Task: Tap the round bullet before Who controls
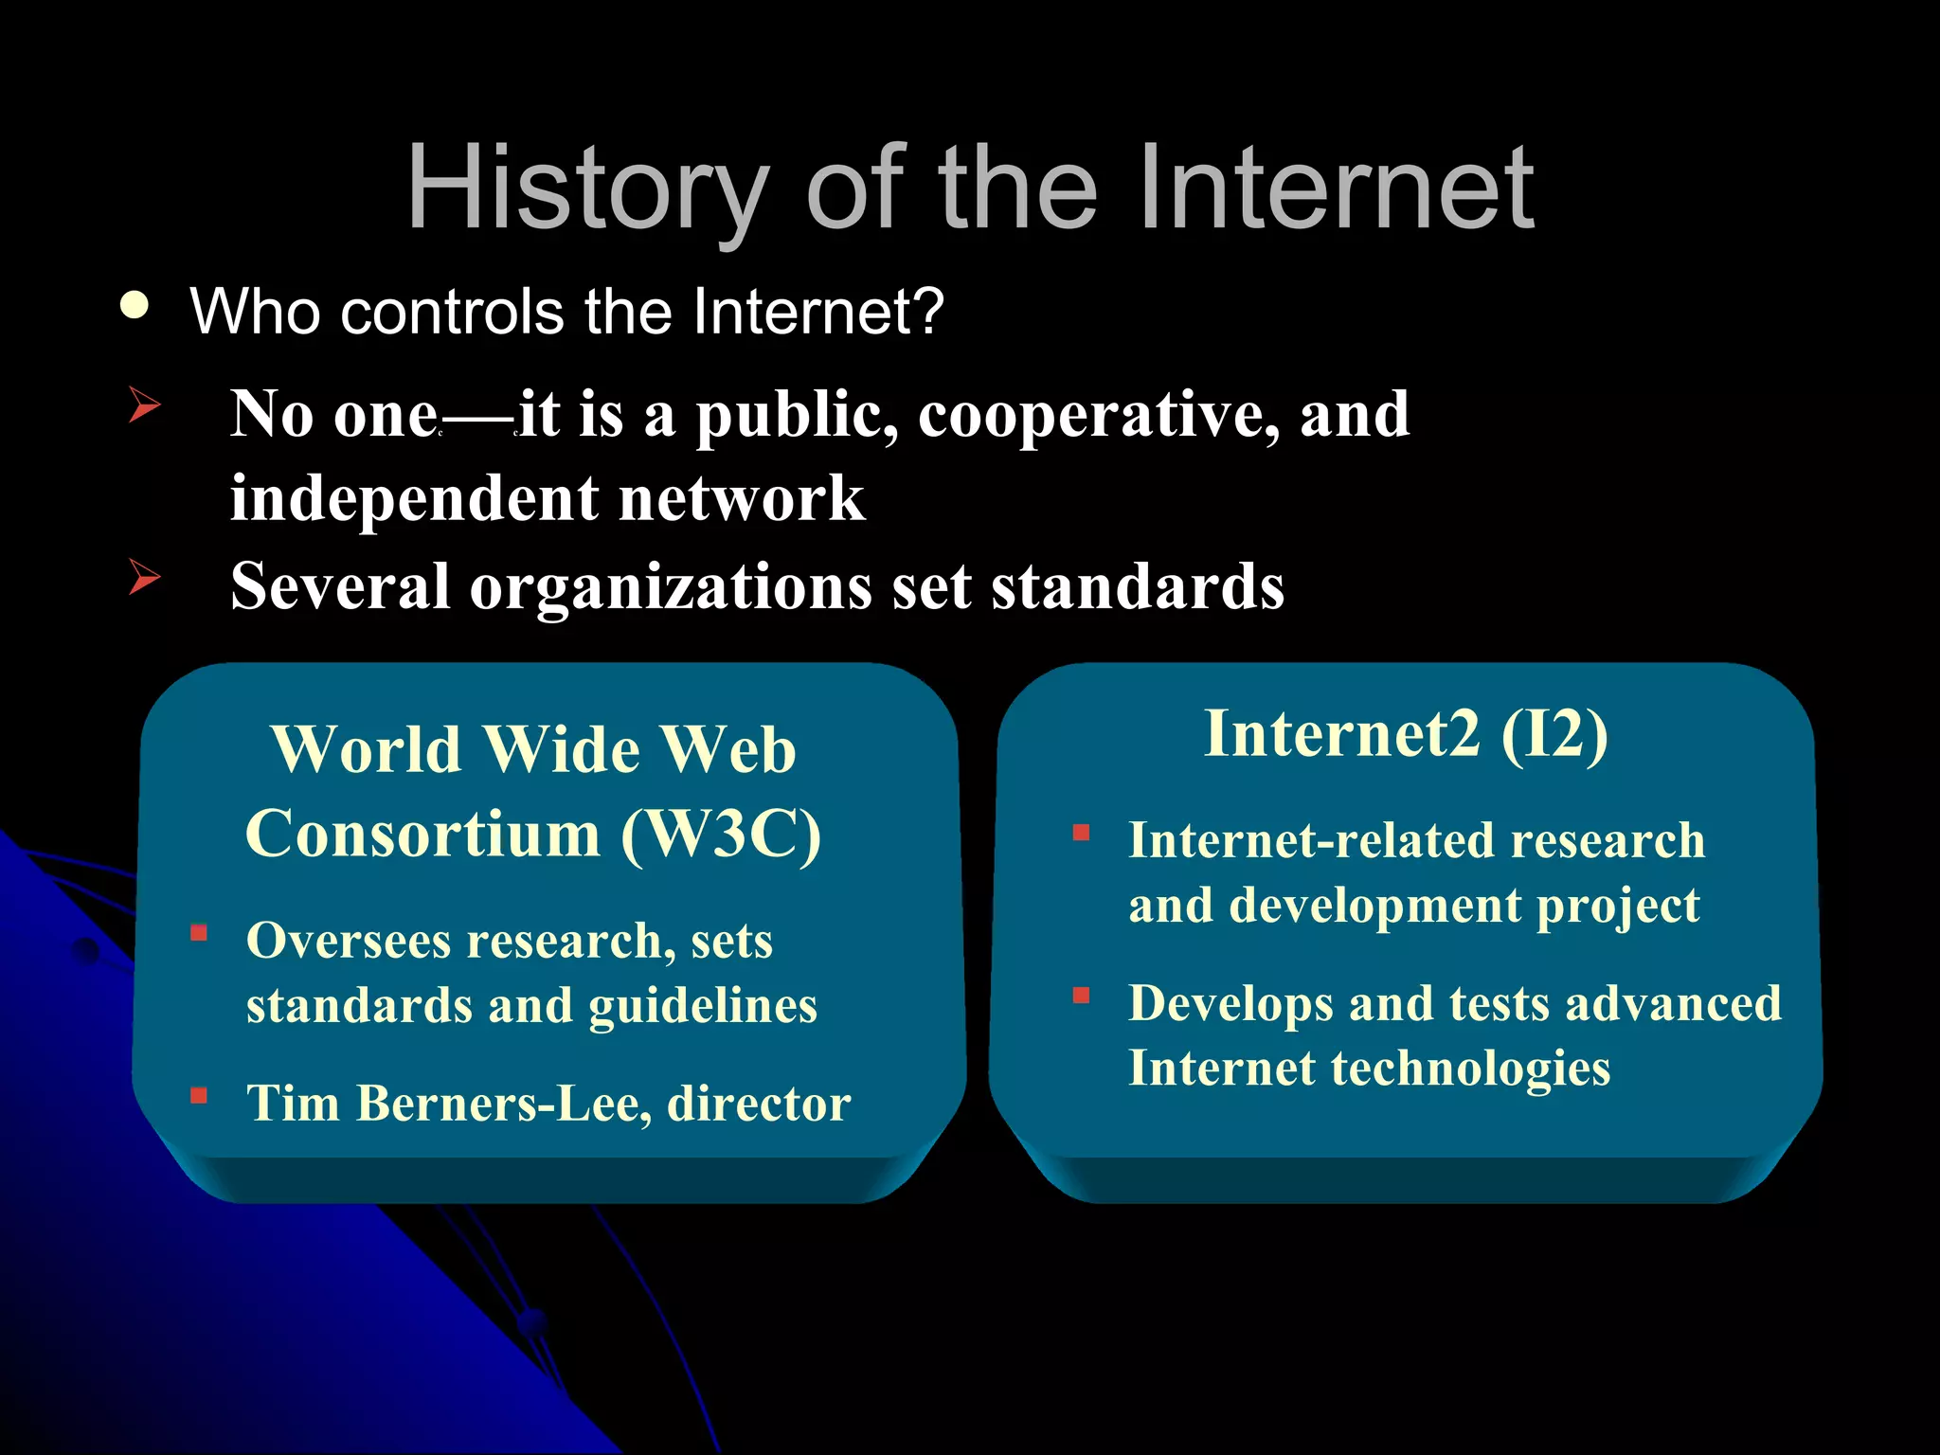(135, 307)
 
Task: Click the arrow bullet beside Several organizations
(144, 576)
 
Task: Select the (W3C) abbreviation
(721, 834)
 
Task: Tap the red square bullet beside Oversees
(199, 933)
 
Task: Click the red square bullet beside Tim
(199, 1096)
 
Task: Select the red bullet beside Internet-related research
(1081, 833)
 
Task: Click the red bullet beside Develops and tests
(1081, 996)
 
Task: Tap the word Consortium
(423, 834)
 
